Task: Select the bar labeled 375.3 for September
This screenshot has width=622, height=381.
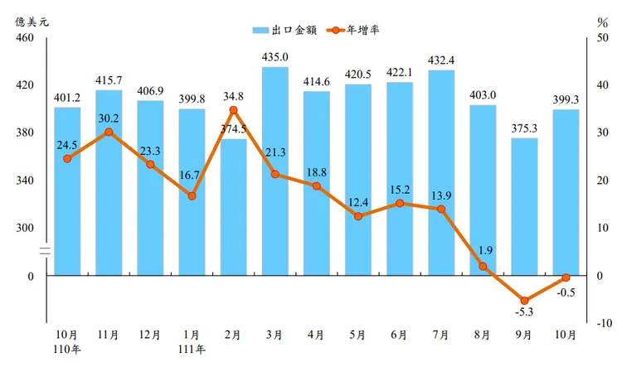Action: tap(524, 206)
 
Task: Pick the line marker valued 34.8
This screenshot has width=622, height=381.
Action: tap(233, 110)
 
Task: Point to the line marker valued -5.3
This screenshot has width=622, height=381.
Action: tap(524, 301)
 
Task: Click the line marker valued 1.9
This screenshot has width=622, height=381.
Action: tap(483, 266)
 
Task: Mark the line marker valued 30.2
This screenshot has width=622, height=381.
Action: tap(109, 132)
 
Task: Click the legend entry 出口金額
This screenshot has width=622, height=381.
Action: tap(287, 30)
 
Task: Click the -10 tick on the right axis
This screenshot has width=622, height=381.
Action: tap(604, 323)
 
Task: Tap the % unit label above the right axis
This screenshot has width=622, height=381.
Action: tap(601, 21)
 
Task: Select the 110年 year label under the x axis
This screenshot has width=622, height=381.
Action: tap(67, 349)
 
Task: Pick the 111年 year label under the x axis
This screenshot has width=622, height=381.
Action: tap(192, 349)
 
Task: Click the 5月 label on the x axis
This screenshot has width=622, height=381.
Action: tap(358, 335)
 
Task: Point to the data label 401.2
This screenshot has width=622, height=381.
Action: tap(67, 97)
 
